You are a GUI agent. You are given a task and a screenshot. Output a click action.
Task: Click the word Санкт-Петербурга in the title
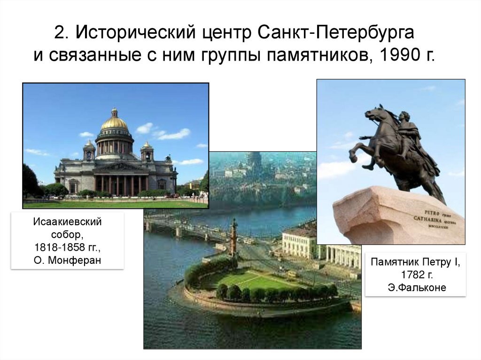(336, 33)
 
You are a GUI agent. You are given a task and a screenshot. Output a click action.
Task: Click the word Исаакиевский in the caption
(67, 221)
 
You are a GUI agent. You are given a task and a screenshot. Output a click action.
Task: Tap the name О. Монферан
(67, 260)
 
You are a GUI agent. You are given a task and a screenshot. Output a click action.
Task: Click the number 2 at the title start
(59, 33)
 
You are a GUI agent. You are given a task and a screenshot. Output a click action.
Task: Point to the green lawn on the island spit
(254, 281)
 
